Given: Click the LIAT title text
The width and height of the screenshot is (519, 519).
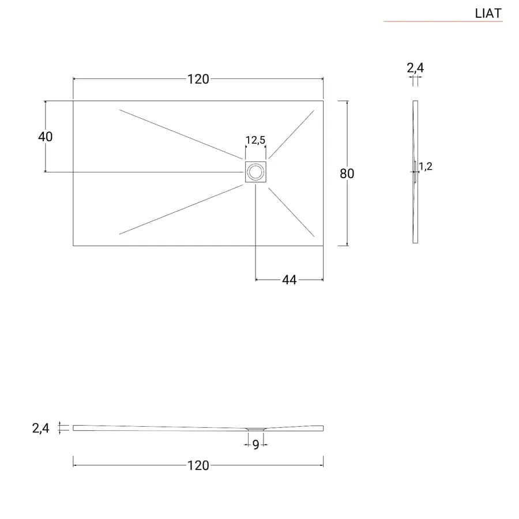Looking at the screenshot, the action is coord(488,13).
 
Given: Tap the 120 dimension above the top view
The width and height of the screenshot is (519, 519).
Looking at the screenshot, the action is coord(198,79).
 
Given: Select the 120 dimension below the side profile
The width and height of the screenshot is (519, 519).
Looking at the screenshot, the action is coord(198,465).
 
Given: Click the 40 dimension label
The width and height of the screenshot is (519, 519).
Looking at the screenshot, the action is coord(45,136).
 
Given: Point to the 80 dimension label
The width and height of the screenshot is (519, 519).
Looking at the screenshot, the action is coord(347,174).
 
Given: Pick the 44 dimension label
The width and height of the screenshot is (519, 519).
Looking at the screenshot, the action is coord(289,280).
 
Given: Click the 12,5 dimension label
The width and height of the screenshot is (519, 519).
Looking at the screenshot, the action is coord(255,140).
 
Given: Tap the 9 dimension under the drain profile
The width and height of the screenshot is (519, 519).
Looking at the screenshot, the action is coord(255,445).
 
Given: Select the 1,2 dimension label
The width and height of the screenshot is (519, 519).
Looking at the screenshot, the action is coord(426,166).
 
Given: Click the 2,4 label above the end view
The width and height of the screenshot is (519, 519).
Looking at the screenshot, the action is coord(415,68).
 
